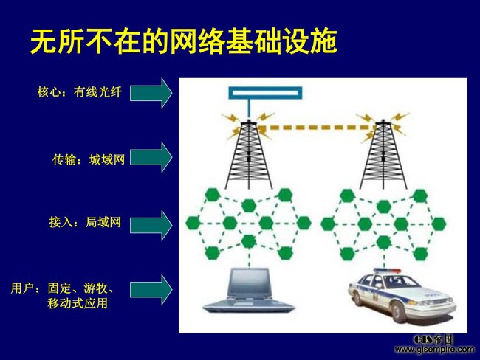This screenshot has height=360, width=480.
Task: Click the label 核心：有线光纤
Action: click(x=80, y=92)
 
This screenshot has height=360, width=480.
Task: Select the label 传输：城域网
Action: click(x=89, y=159)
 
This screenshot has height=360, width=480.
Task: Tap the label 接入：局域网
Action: click(x=85, y=222)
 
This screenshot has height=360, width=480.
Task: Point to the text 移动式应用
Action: click(x=78, y=303)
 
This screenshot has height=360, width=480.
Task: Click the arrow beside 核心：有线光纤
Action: click(x=151, y=93)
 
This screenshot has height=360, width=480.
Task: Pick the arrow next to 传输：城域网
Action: click(x=151, y=157)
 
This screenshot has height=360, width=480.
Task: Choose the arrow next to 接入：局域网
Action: click(x=151, y=225)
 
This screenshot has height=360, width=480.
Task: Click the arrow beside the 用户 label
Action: click(x=151, y=290)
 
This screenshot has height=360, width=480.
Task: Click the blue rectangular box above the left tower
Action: click(x=265, y=93)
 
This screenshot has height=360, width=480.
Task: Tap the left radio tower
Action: click(x=249, y=154)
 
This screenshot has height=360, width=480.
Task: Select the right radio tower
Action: click(x=383, y=154)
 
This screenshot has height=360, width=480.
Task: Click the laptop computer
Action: click(x=249, y=291)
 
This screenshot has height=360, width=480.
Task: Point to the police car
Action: click(x=402, y=296)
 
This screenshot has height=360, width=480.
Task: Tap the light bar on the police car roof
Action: click(x=387, y=271)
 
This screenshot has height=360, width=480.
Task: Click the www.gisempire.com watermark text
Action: click(x=435, y=349)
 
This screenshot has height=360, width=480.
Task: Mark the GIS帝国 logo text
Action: click(x=433, y=339)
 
